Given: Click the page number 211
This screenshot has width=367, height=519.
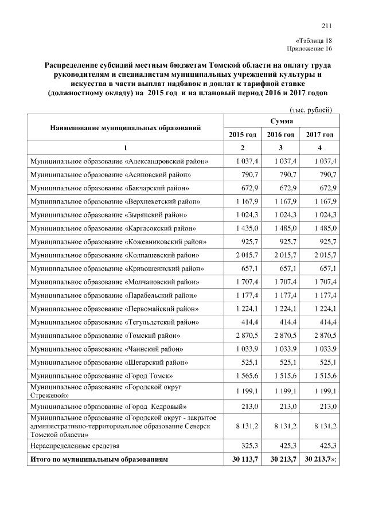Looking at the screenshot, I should pyautogui.click(x=327, y=25).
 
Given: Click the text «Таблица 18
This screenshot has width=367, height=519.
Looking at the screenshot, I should pyautogui.click(x=314, y=41).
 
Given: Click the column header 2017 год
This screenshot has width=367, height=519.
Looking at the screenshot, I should pyautogui.click(x=319, y=134).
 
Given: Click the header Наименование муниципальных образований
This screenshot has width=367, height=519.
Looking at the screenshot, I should pyautogui.click(x=125, y=127).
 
